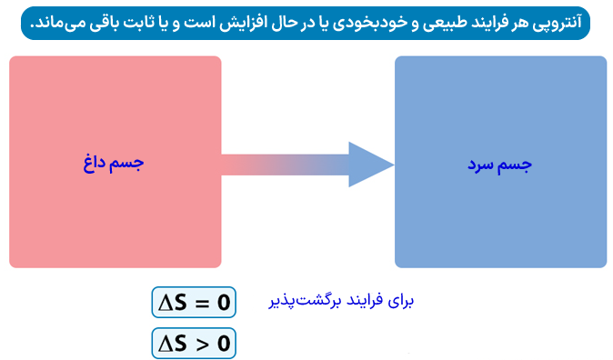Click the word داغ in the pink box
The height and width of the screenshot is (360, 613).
[x=95, y=164]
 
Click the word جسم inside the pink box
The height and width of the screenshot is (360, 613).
[x=129, y=164]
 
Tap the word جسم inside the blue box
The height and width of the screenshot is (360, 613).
[x=517, y=165]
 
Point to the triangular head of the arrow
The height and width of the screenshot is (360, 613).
[x=368, y=165]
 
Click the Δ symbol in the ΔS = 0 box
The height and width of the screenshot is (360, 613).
[x=166, y=303]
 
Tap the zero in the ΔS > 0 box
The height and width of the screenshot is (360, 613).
[x=224, y=344]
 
